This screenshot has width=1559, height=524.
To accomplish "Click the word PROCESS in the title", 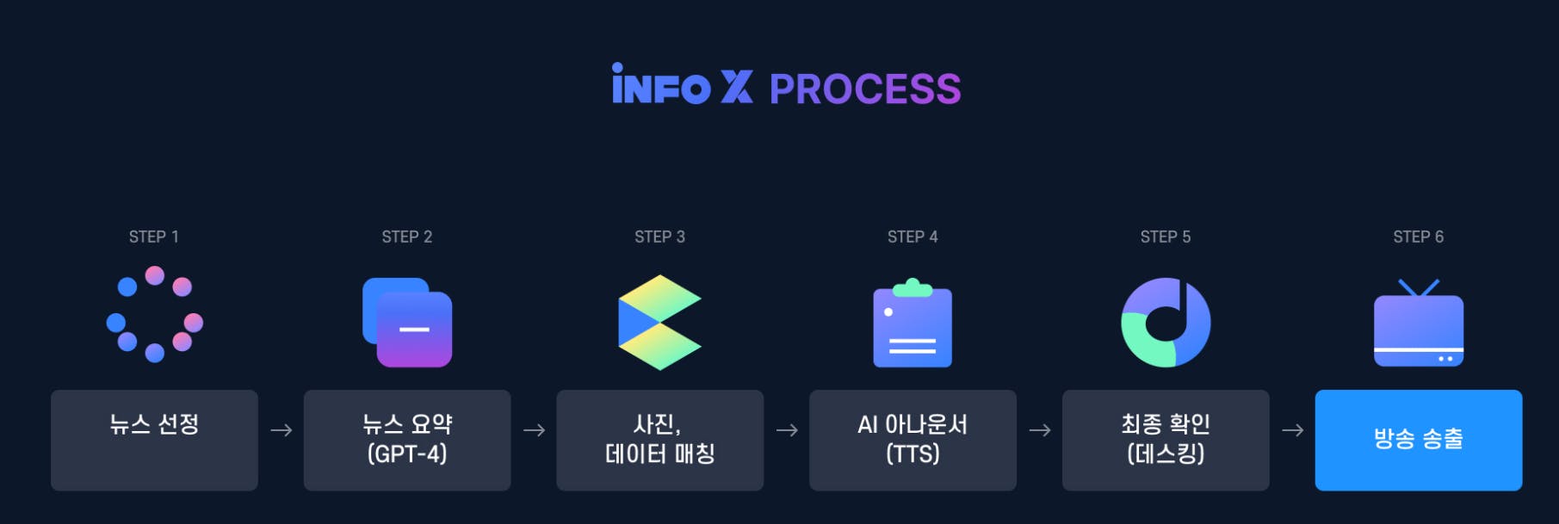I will (x=864, y=89).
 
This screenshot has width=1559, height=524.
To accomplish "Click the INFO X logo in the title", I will (x=682, y=86).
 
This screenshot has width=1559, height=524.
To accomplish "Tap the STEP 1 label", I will (x=154, y=237).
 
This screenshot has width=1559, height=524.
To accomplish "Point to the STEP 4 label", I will (x=913, y=237).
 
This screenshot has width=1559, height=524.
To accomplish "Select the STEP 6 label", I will (x=1418, y=237).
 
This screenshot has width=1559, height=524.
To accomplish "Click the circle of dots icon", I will (x=155, y=315).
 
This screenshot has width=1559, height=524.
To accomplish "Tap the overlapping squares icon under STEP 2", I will (x=407, y=323).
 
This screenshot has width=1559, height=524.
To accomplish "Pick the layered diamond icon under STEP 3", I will (x=659, y=323).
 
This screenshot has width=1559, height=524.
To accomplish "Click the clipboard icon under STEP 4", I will (x=913, y=324).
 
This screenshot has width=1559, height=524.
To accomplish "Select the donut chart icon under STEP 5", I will (x=1166, y=323).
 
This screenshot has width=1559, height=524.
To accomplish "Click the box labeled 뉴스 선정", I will (x=154, y=440).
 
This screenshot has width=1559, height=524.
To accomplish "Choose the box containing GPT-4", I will (x=407, y=440).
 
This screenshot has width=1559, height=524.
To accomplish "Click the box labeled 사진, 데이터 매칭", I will (x=659, y=440).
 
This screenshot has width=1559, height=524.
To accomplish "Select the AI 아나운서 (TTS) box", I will (x=913, y=440).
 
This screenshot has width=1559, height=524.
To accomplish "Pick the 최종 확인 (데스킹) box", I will (x=1166, y=440).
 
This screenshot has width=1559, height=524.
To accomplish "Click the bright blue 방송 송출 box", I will (x=1418, y=440).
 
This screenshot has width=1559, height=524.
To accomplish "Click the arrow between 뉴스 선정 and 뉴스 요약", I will (x=281, y=430).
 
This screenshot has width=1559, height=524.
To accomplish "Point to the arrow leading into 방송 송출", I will (x=1292, y=430).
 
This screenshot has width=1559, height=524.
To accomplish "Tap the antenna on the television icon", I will (x=1418, y=287).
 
